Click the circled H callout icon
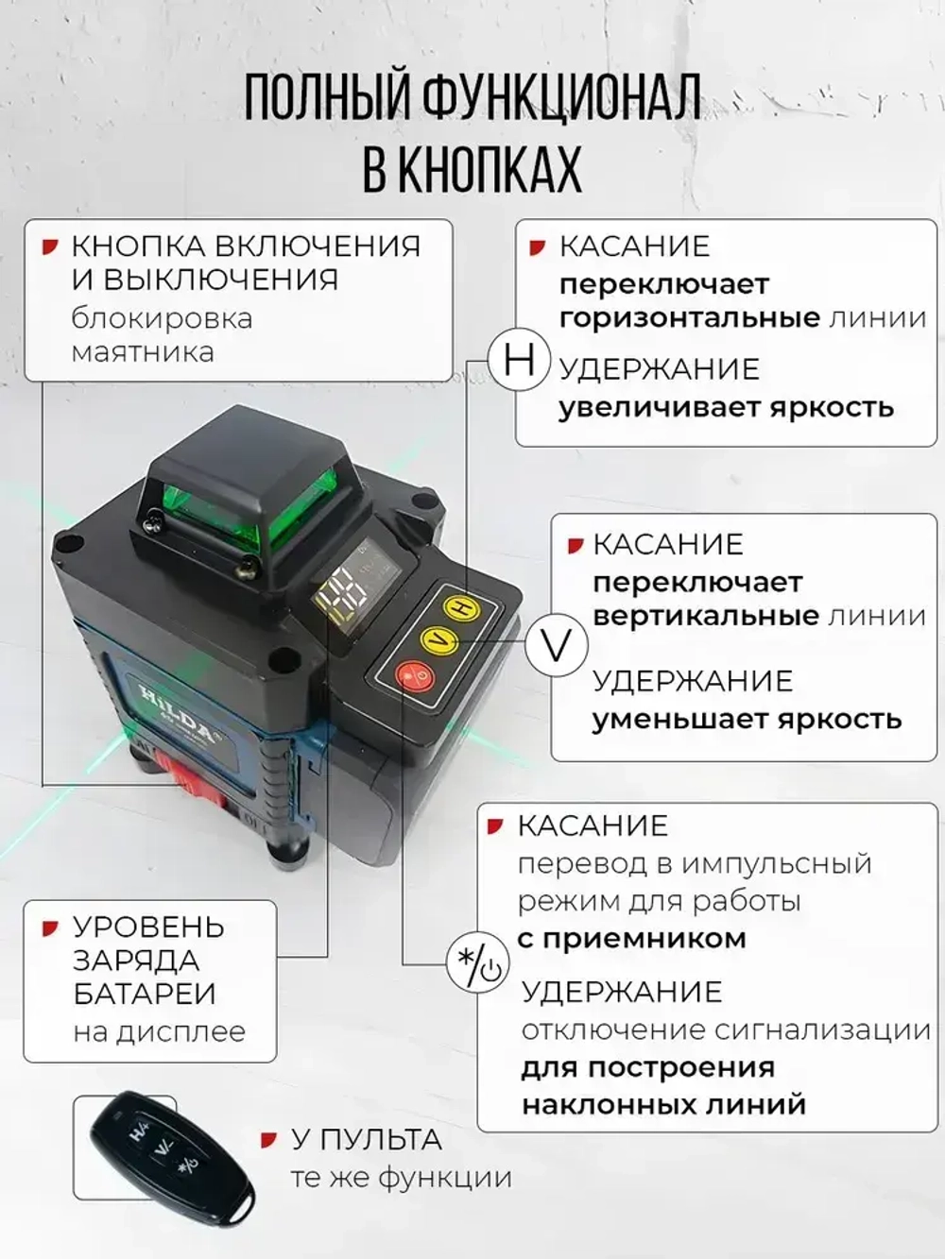(519, 363)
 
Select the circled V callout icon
(557, 646)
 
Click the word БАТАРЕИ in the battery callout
(145, 995)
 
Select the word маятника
(143, 352)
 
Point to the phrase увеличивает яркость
(726, 408)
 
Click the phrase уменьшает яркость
(747, 720)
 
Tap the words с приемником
(631, 938)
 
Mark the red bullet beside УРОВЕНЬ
(50, 928)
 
